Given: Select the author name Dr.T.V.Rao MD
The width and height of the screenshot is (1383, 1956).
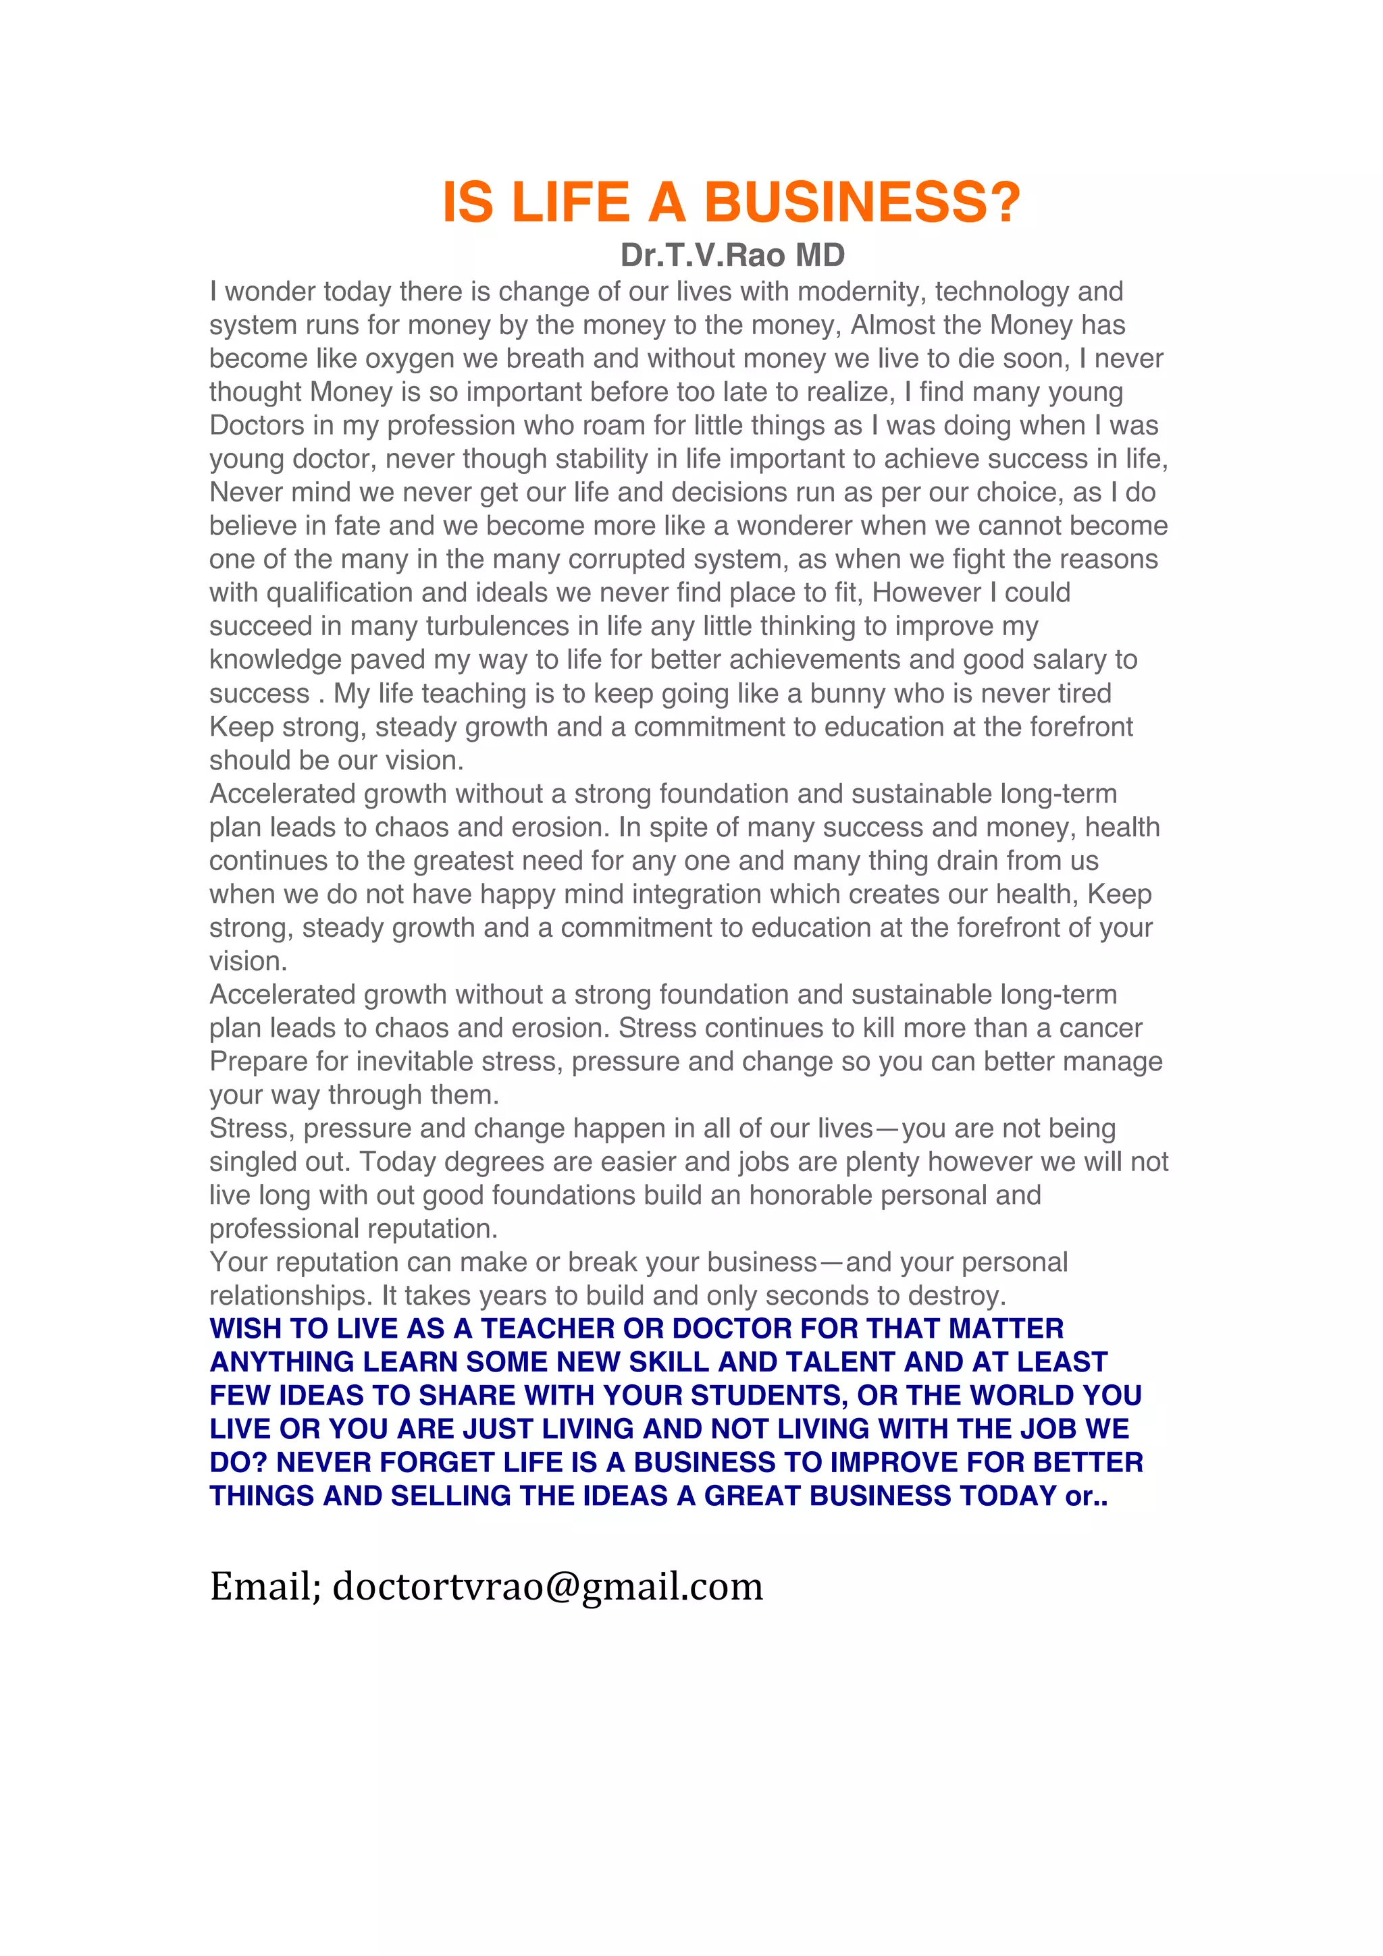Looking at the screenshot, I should pyautogui.click(x=732, y=254).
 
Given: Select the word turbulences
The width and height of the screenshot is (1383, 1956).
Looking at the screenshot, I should pyautogui.click(x=498, y=626).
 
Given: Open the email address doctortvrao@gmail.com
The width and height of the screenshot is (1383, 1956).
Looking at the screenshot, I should pyautogui.click(x=547, y=1586).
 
